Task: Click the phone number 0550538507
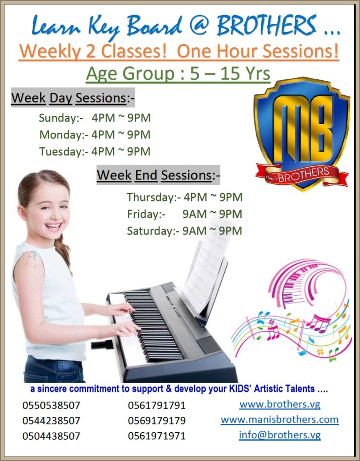51,405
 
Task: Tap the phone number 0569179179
157,420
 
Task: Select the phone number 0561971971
157,436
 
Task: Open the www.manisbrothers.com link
279,419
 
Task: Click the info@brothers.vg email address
279,435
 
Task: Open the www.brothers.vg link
279,404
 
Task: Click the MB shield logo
302,129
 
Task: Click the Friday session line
184,214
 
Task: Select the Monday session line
95,134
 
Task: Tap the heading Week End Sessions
158,175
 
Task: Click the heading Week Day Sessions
72,98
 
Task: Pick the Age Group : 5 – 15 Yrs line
178,74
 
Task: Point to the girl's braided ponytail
62,250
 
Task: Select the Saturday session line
184,230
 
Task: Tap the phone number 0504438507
51,436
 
